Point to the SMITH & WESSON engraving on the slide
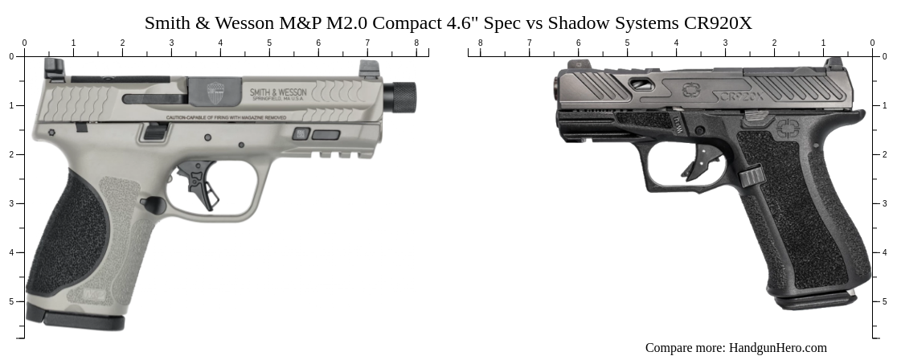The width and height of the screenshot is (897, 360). [x=278, y=92]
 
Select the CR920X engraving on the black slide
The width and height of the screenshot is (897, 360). [x=739, y=96]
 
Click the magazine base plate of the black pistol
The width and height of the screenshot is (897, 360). [x=814, y=301]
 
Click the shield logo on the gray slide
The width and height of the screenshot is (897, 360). [x=215, y=90]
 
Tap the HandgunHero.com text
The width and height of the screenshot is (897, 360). [x=777, y=348]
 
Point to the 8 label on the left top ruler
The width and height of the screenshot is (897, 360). [x=416, y=43]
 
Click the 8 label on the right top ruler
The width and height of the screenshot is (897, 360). [x=481, y=43]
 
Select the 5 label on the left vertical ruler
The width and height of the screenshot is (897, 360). [x=11, y=301]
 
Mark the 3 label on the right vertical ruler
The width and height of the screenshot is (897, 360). [x=885, y=203]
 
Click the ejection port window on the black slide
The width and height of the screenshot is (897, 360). [x=640, y=83]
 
